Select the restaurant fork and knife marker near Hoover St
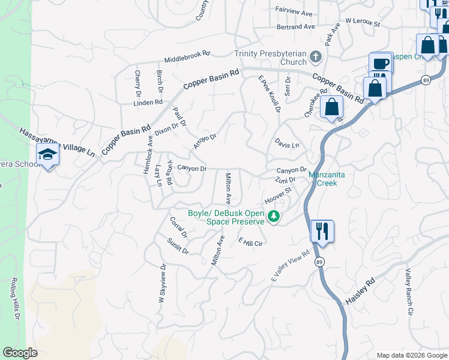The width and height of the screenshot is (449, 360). click(x=322, y=230)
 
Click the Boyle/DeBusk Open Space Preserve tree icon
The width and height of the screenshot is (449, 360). click(x=274, y=216)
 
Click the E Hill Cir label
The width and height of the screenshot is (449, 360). click(x=251, y=242)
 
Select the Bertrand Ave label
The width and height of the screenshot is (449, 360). click(x=296, y=27)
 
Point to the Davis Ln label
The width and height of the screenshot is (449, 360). click(x=287, y=145)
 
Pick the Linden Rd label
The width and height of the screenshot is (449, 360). click(x=148, y=103)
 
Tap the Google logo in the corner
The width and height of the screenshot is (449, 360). click(x=20, y=353)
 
